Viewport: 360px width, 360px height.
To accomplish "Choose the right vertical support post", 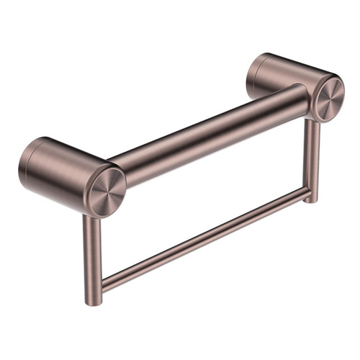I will (x=310, y=158).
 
